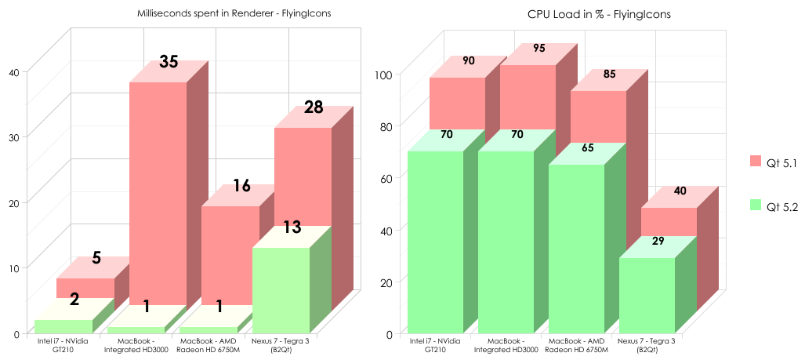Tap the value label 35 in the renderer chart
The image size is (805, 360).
click(169, 62)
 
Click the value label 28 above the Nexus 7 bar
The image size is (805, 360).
click(314, 107)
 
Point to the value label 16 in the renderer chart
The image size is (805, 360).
click(241, 187)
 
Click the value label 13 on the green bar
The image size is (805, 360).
click(292, 227)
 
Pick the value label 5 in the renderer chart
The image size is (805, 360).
click(96, 258)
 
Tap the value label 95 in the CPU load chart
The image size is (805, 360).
click(539, 48)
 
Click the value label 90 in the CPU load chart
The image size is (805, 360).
click(469, 60)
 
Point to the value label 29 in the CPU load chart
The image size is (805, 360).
click(658, 241)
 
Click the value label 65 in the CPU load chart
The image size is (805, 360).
click(587, 147)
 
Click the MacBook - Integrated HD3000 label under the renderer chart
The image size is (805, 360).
click(135, 345)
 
